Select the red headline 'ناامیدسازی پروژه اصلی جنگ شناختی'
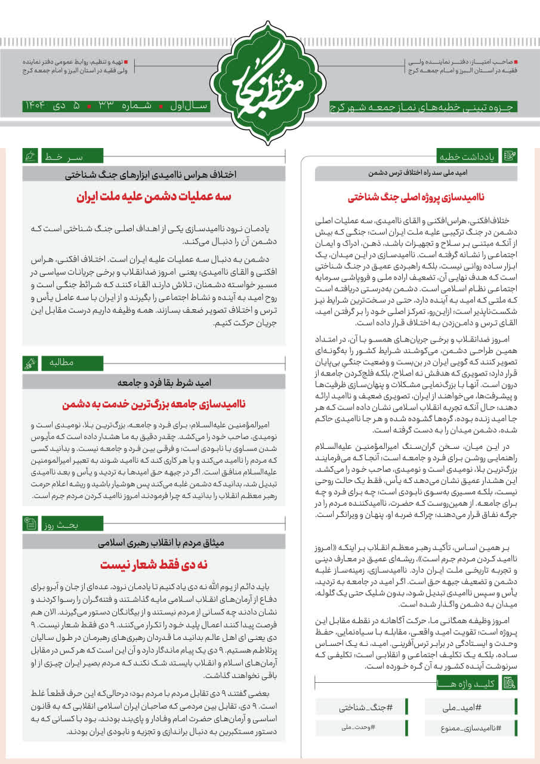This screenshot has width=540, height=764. click(416, 196)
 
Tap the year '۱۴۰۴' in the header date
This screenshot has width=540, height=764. click(33, 107)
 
